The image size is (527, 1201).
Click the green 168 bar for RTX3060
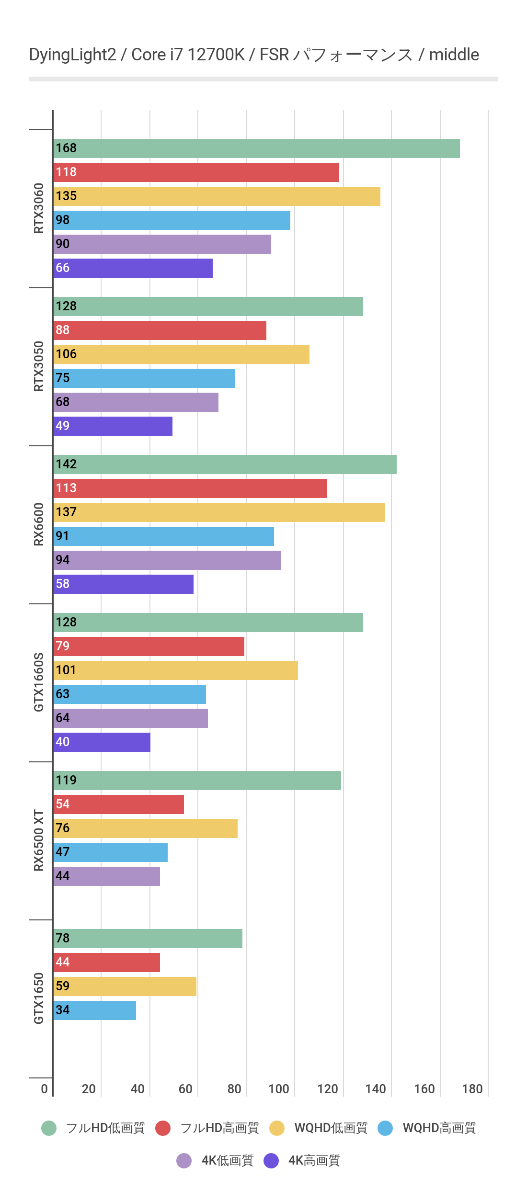click(x=256, y=148)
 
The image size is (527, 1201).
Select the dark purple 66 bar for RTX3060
click(x=133, y=268)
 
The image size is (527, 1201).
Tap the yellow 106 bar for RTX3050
click(x=182, y=354)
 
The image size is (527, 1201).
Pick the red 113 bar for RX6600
click(x=190, y=488)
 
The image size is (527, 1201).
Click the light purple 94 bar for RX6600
click(x=167, y=560)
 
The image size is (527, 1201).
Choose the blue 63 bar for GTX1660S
click(x=130, y=694)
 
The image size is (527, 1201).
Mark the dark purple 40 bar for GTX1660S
click(x=102, y=742)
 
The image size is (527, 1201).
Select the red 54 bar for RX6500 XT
click(x=119, y=804)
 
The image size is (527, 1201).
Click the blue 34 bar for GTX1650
click(x=95, y=1010)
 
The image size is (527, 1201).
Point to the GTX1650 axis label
click(x=39, y=998)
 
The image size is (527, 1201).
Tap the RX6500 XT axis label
click(x=39, y=840)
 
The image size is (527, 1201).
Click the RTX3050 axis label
click(x=39, y=366)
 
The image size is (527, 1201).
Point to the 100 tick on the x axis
click(x=279, y=1089)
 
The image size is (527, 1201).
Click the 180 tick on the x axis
click(x=472, y=1089)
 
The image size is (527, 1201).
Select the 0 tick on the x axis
click(x=45, y=1089)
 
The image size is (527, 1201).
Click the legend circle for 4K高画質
click(x=271, y=1161)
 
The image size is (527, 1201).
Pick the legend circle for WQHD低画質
click(x=277, y=1128)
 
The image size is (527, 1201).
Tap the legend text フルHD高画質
click(x=219, y=1128)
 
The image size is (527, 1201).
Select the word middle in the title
click(x=454, y=55)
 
